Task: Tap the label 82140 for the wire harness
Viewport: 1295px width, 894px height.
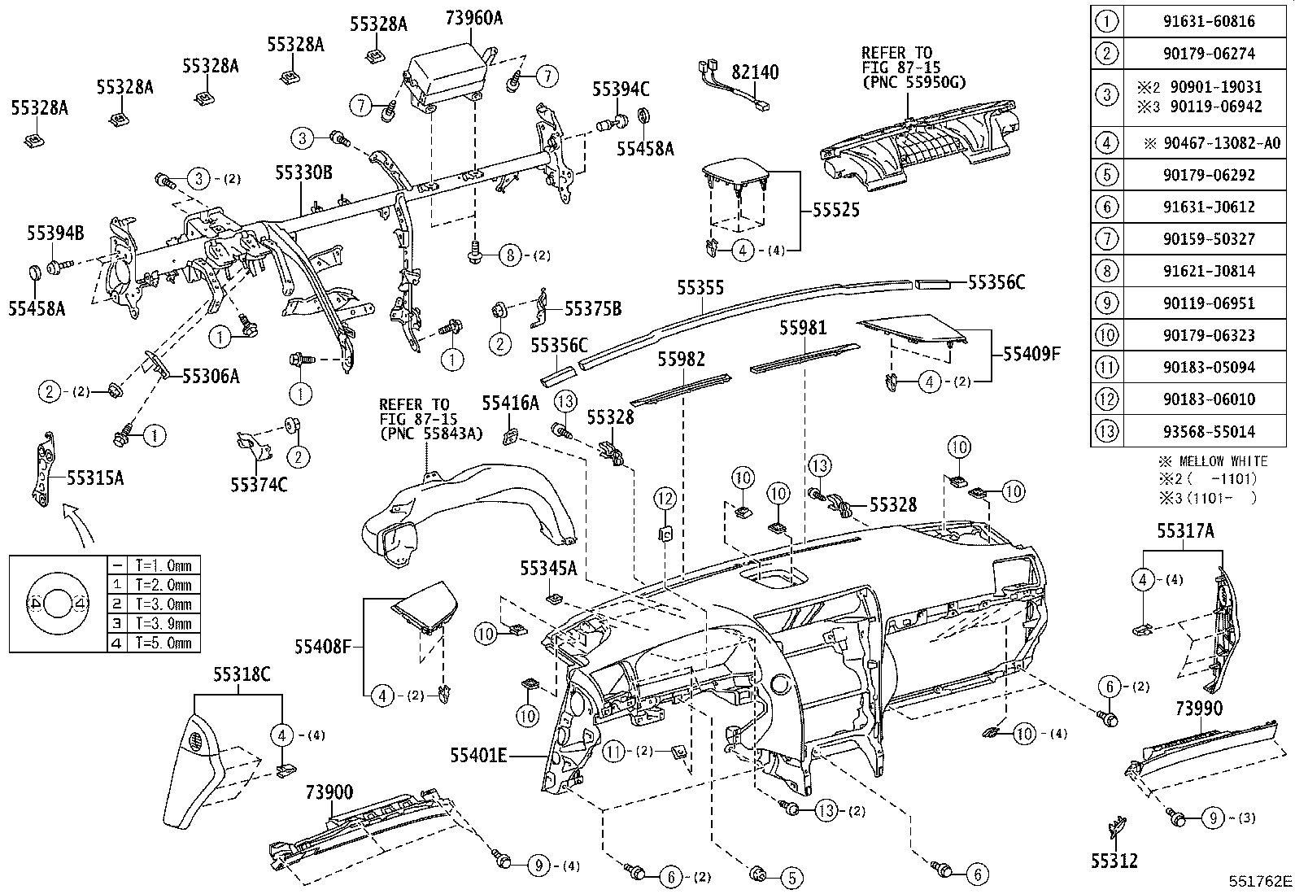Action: click(x=755, y=73)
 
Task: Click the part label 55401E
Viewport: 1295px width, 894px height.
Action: click(x=478, y=757)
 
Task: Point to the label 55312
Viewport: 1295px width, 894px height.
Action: click(x=1114, y=861)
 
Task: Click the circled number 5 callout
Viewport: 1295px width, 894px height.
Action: click(x=791, y=878)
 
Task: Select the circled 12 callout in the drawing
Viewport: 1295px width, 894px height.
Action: click(x=665, y=498)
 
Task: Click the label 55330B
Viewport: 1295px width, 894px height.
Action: click(x=303, y=172)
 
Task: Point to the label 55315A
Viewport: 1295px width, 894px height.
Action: click(x=95, y=478)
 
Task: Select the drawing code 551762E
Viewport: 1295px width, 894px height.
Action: click(x=1260, y=882)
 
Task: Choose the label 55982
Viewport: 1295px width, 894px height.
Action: click(x=682, y=360)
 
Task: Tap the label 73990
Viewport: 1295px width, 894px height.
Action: click(x=1198, y=709)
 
